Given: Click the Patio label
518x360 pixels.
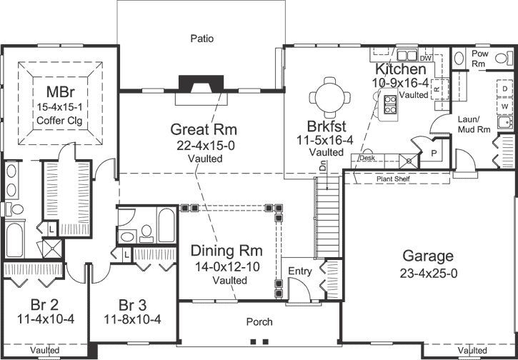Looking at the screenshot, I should point(202,38).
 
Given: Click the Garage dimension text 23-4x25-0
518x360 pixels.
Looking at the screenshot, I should point(428,272).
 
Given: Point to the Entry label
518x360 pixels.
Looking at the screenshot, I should point(299,271).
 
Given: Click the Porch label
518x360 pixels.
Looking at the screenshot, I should point(259,321).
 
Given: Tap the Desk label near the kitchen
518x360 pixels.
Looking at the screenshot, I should point(367,158).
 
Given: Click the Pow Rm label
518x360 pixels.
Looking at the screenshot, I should point(479,58).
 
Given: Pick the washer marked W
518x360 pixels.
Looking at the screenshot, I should point(504,106).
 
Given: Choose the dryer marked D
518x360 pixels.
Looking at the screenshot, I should point(504,89).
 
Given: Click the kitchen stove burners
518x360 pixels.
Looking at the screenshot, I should point(390,106).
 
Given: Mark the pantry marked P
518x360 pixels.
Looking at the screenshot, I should point(433,153).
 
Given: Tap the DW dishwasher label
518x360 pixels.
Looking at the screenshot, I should point(427,58).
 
